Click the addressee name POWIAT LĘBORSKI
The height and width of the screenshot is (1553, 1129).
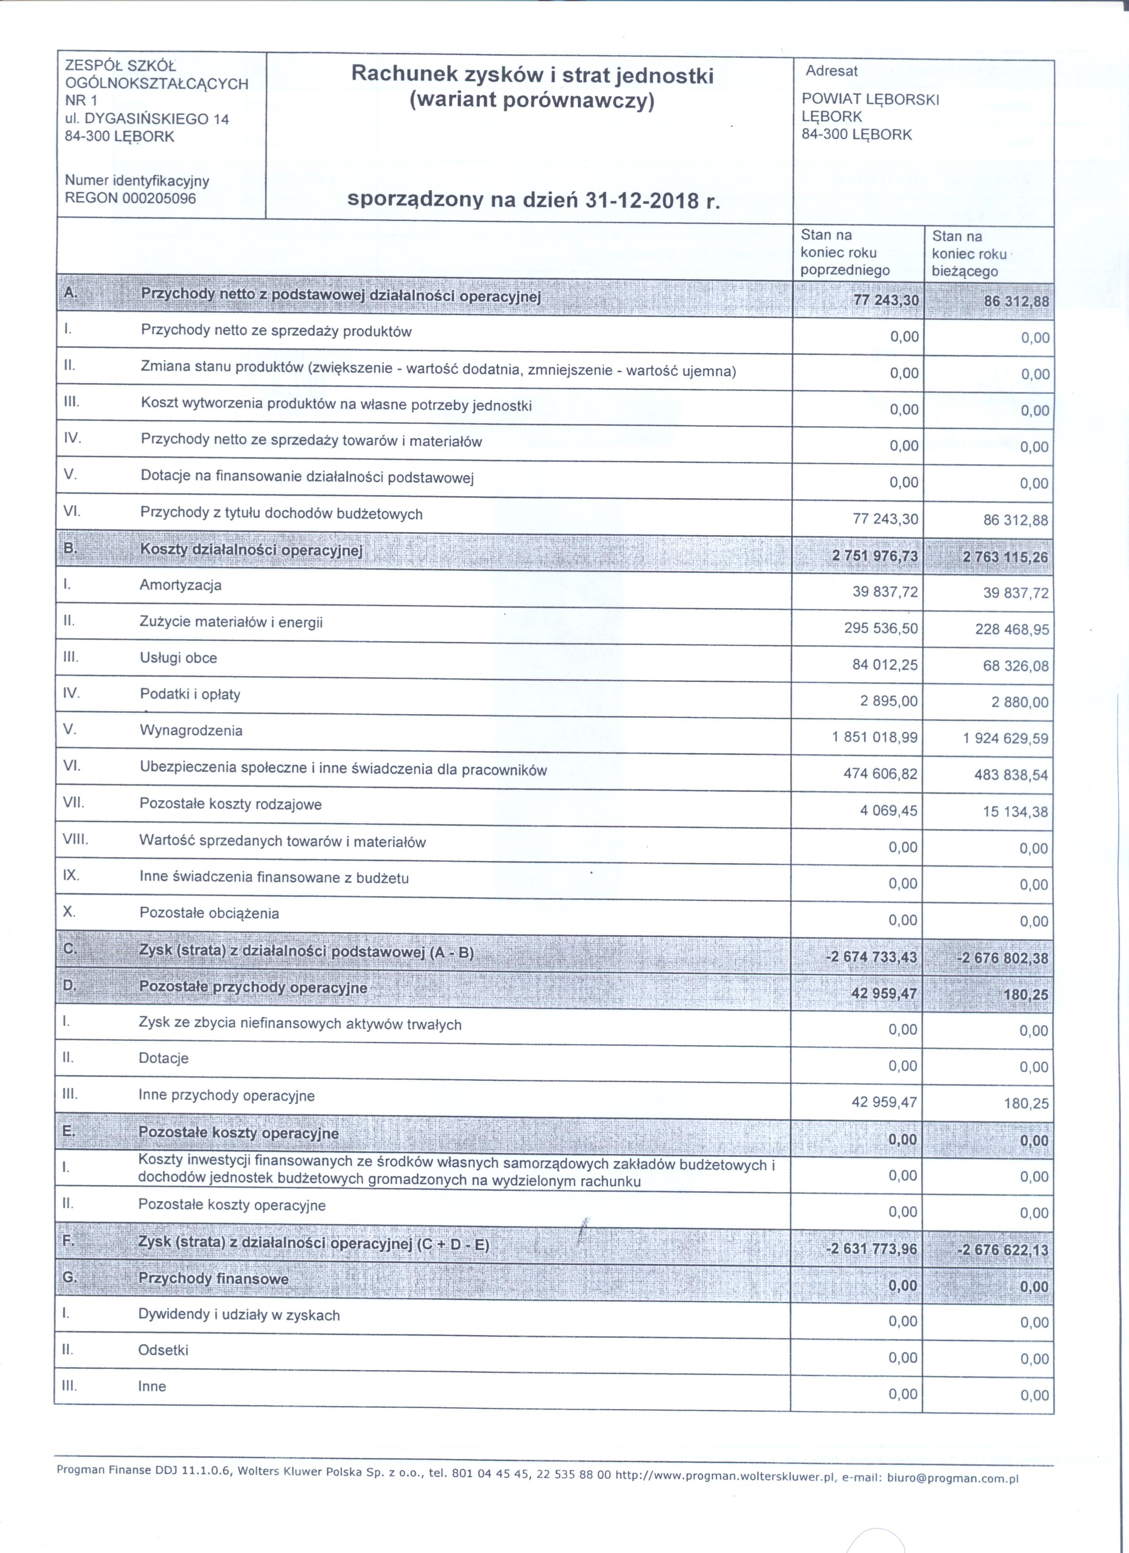[870, 99]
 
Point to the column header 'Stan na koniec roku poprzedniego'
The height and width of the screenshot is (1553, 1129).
[845, 253]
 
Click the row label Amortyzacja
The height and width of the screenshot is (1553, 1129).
[180, 585]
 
